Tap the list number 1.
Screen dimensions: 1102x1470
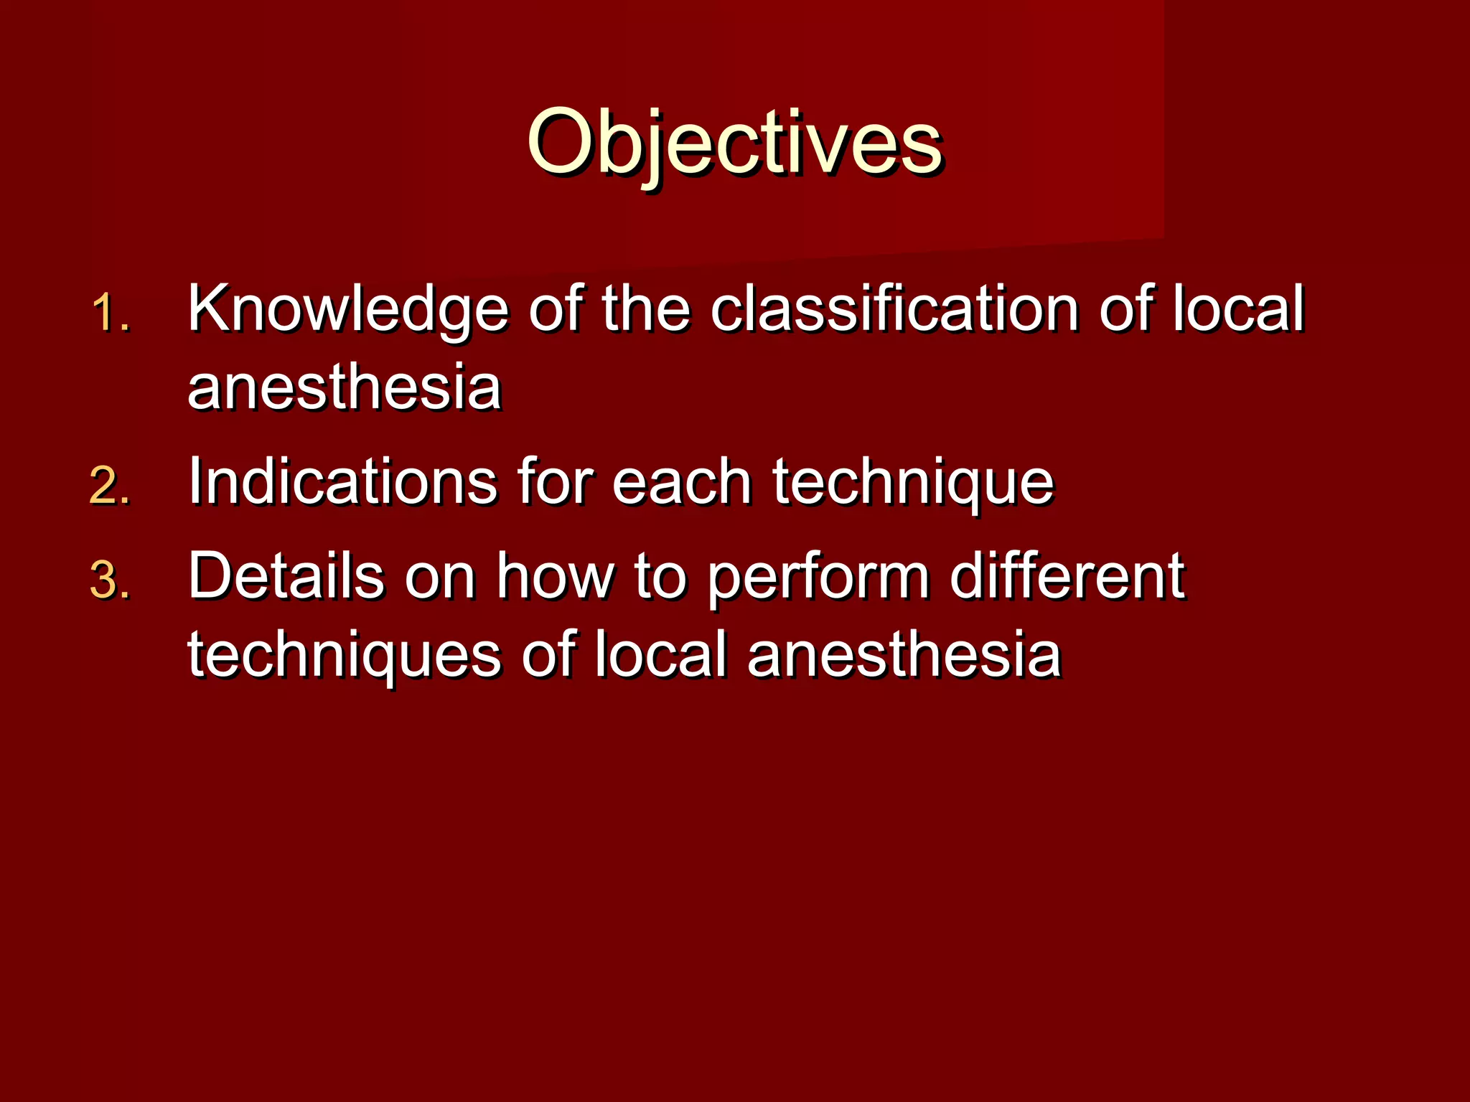click(110, 314)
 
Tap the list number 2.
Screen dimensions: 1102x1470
click(110, 486)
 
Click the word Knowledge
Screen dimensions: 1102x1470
click(347, 310)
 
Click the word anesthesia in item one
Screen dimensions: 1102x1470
click(344, 388)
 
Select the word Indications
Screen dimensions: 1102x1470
click(342, 481)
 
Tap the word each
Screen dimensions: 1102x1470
click(681, 482)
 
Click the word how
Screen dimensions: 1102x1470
click(556, 576)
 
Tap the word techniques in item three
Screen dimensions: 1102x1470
click(344, 656)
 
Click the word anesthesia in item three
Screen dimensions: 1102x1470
click(904, 655)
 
